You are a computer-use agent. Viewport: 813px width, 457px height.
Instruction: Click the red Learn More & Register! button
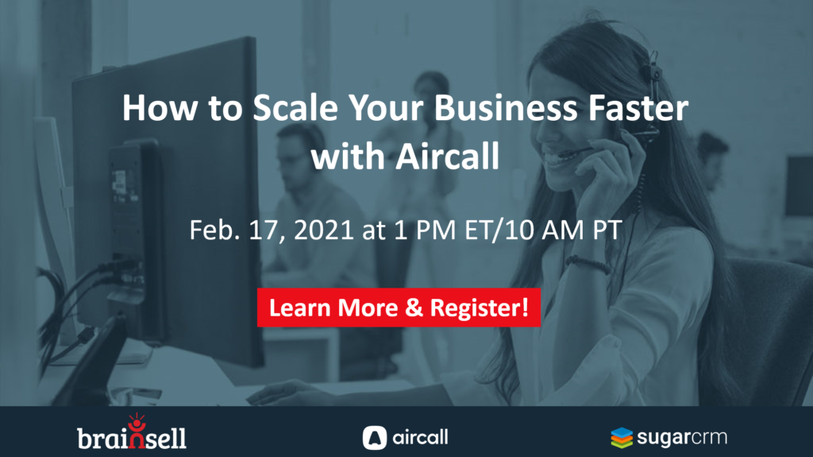tap(399, 308)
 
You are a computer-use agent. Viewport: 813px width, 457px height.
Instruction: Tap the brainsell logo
tap(132, 432)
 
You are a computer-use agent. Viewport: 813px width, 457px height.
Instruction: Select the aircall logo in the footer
tap(405, 437)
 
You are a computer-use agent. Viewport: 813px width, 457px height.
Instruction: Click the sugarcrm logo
tap(669, 437)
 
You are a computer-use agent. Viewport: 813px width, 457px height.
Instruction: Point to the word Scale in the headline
tap(295, 108)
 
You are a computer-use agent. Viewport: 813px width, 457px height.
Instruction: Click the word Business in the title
tap(506, 108)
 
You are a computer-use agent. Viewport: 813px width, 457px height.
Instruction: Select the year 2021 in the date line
tap(324, 230)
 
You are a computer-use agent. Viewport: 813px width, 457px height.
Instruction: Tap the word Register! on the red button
tap(479, 308)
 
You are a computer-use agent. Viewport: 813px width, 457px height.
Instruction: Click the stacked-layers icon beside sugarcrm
tap(622, 438)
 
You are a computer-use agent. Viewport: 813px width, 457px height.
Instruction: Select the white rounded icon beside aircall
tap(375, 437)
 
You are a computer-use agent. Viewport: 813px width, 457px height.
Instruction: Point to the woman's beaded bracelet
tap(588, 264)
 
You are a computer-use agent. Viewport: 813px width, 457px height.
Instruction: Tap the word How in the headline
tap(160, 108)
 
